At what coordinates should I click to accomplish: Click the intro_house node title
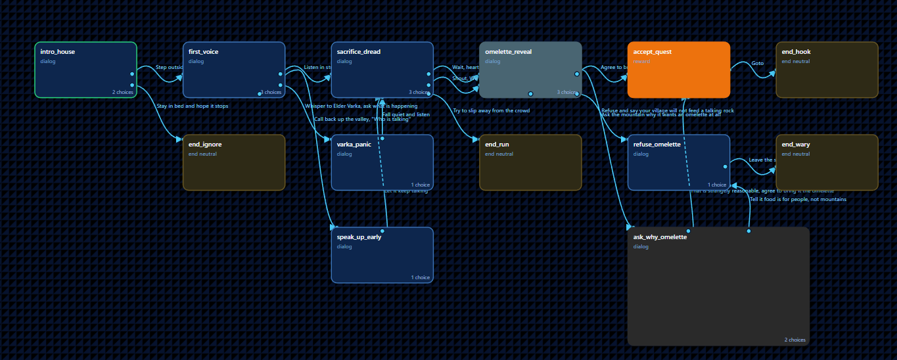pos(58,51)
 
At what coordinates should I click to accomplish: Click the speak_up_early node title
pos(359,237)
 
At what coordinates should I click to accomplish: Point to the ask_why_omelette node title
pos(660,237)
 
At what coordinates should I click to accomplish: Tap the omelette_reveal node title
pos(508,51)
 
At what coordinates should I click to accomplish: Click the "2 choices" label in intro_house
pos(122,92)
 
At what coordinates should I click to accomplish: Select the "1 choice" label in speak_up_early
pos(421,277)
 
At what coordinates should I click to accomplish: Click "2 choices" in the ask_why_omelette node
pos(794,340)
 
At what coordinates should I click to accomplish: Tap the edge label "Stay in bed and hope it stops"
pos(193,106)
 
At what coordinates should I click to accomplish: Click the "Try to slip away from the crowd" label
pos(491,110)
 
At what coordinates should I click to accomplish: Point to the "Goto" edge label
pos(757,63)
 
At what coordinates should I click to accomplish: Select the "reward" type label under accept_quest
pos(642,61)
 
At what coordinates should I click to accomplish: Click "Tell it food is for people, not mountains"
pos(798,199)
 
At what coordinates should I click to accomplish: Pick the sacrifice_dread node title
pos(358,51)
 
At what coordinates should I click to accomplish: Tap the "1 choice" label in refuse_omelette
pos(717,185)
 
